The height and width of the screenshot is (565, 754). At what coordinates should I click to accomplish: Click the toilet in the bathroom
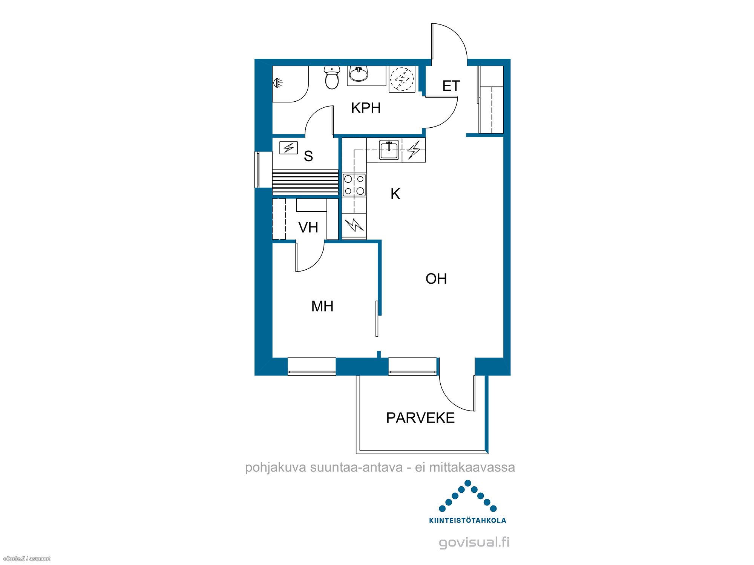(x=332, y=78)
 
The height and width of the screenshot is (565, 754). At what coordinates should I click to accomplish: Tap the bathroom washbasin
(x=358, y=74)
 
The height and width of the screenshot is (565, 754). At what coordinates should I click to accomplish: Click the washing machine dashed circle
(x=402, y=79)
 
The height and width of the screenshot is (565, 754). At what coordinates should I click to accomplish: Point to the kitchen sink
(x=389, y=150)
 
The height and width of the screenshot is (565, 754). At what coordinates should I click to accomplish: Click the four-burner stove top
(x=354, y=185)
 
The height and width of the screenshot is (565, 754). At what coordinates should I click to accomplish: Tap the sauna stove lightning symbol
(x=288, y=148)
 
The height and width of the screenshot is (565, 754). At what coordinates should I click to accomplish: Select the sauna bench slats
(x=305, y=182)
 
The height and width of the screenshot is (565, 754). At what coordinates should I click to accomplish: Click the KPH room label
(x=366, y=108)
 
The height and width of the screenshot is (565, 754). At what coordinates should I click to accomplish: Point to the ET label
(x=451, y=86)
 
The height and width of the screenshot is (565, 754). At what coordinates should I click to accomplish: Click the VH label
(x=308, y=228)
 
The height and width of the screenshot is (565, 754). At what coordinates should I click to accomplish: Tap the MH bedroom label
(x=322, y=306)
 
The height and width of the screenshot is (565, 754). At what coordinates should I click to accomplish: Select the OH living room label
(x=436, y=279)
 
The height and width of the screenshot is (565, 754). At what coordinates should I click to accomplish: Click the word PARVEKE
(x=420, y=418)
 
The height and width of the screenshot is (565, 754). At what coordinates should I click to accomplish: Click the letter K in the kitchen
(x=395, y=194)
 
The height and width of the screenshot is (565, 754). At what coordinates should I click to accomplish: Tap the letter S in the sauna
(x=308, y=156)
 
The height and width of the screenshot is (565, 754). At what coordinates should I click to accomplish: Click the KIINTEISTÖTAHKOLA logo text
(x=467, y=521)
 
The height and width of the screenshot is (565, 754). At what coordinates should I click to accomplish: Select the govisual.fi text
(x=474, y=542)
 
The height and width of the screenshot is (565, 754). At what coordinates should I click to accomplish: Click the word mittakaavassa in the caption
(x=472, y=467)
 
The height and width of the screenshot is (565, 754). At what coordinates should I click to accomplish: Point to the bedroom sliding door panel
(x=377, y=319)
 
